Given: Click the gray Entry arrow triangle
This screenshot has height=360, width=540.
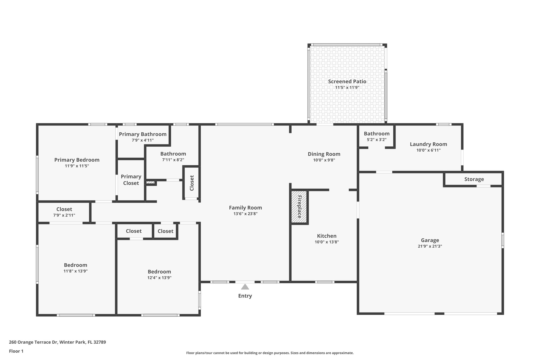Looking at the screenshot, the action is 245,287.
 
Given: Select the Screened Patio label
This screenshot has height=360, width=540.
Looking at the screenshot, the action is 347,81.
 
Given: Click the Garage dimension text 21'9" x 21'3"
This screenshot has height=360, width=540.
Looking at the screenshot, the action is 430,246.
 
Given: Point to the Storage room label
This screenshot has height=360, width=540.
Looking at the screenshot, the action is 474,179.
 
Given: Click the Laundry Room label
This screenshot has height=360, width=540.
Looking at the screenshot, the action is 428,144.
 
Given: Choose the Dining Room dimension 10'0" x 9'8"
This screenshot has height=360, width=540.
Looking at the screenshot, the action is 324,160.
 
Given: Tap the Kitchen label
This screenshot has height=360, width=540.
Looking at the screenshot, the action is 327,236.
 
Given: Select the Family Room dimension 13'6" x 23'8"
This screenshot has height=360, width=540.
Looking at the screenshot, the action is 245,214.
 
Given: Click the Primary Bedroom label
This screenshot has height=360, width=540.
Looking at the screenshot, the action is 77,160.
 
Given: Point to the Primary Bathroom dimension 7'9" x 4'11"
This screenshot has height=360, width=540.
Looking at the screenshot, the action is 143,140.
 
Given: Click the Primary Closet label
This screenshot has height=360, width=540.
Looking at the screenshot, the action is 131,180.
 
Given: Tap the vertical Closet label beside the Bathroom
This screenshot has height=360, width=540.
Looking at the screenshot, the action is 192,183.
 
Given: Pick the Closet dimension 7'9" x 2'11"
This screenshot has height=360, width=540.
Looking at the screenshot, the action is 64,215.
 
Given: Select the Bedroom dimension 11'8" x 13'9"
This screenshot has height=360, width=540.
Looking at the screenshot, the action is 75,271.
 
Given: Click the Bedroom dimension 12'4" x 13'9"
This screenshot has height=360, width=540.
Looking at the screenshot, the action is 159,278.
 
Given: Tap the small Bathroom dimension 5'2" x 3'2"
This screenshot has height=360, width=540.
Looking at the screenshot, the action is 377,140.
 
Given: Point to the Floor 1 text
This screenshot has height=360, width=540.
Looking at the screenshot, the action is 16,351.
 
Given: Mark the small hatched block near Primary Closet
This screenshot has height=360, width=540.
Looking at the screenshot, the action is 150,182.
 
